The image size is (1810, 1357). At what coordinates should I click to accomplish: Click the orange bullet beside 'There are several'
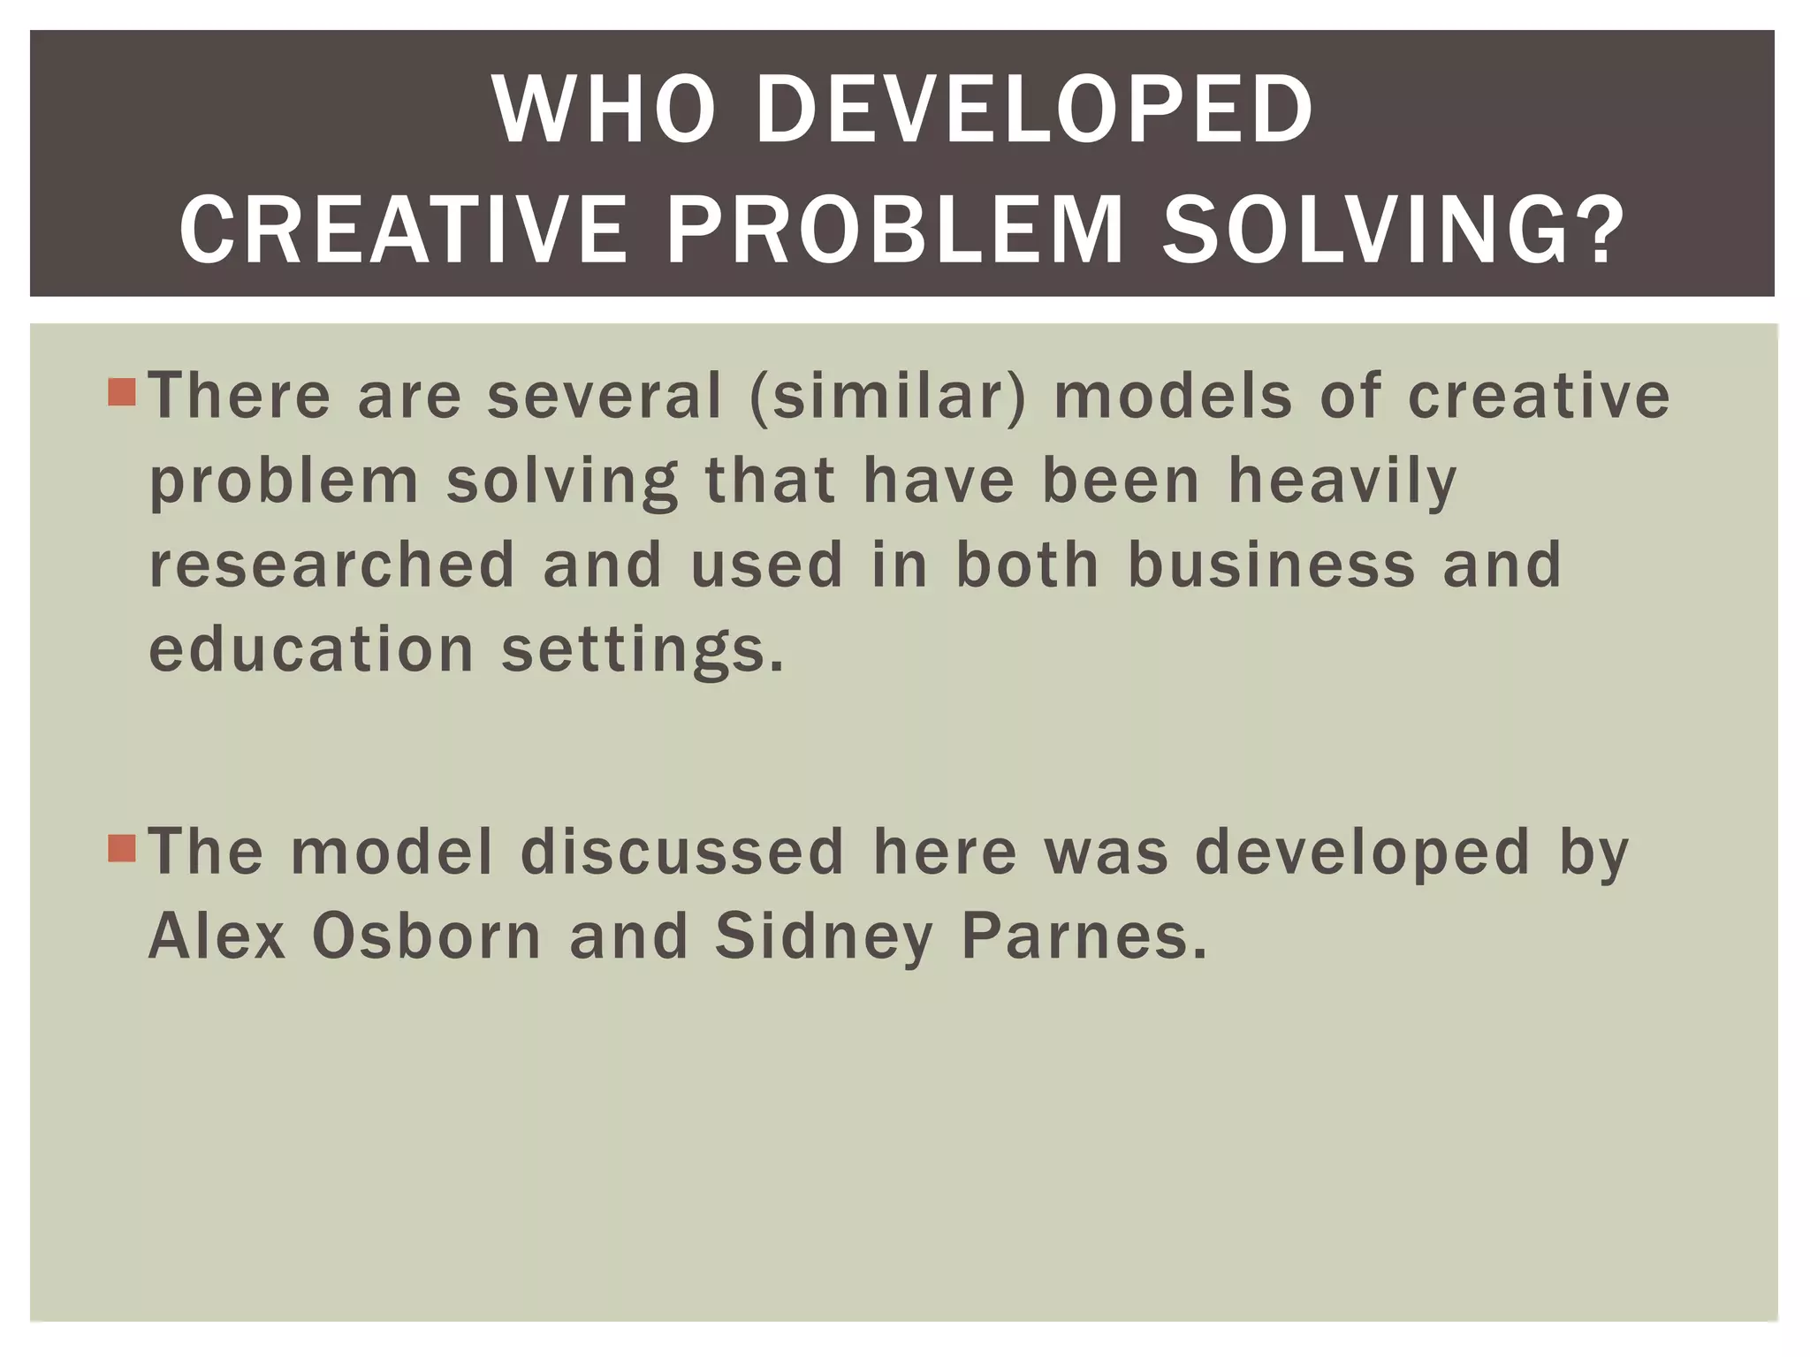coord(122,392)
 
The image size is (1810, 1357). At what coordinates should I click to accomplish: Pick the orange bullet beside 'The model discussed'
coord(122,848)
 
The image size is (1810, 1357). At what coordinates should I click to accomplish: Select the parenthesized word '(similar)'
coord(888,397)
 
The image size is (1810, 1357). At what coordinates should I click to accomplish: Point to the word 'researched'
coord(332,565)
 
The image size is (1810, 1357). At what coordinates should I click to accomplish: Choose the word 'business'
coord(1272,565)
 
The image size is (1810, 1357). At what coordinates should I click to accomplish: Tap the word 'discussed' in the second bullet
coord(682,852)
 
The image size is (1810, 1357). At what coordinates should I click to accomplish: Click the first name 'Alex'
coord(217,936)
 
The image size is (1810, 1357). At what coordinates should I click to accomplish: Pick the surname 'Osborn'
coord(427,936)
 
